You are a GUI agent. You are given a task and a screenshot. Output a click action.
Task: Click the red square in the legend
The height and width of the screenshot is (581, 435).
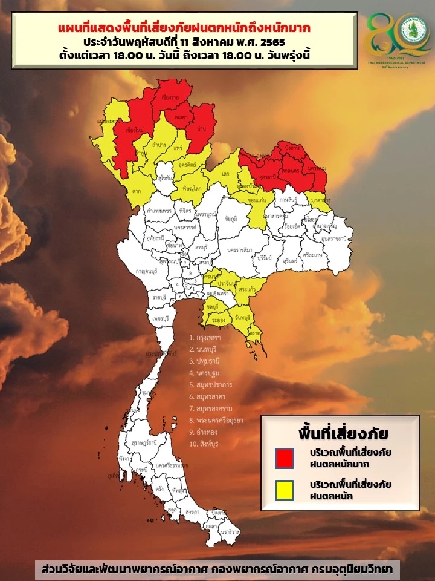coord(284,458)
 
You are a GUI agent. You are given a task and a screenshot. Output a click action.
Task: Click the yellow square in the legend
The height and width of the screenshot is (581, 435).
coord(284,490)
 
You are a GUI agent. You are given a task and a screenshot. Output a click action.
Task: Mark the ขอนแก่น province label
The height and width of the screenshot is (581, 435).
coord(257,200)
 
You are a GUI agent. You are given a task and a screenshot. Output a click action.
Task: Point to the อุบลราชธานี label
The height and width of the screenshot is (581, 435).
coord(334,240)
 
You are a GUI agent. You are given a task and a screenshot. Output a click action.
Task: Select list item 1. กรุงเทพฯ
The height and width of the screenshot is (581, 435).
coord(206,338)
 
